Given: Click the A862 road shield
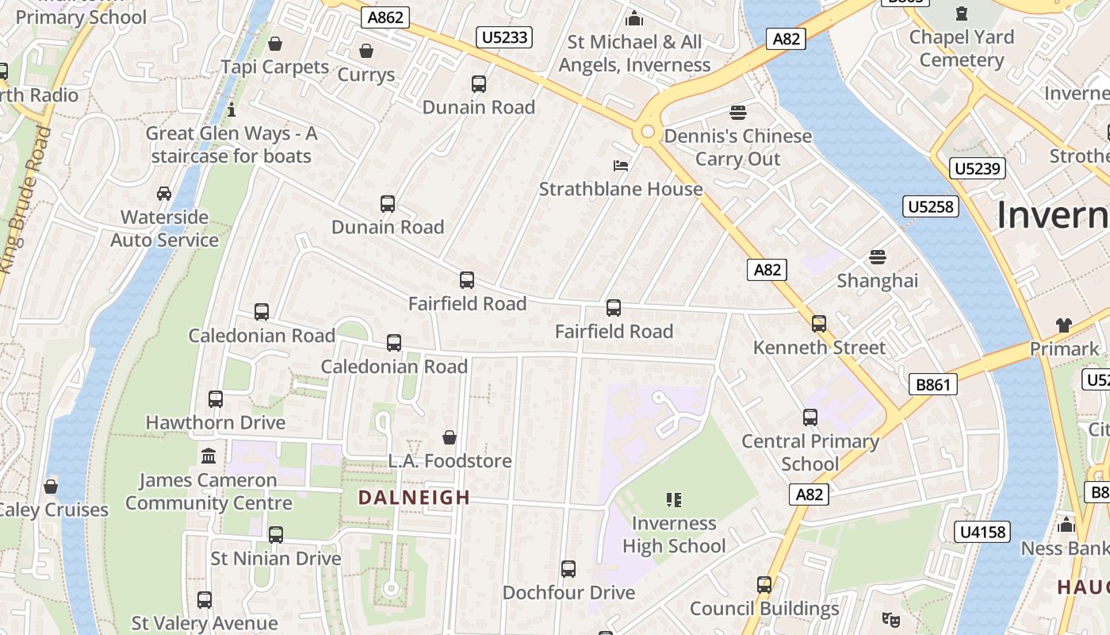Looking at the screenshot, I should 385,17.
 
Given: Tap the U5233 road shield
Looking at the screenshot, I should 504,37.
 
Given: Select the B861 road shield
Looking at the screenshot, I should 932,385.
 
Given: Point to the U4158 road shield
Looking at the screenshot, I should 983,531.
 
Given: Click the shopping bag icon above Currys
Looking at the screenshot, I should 366,52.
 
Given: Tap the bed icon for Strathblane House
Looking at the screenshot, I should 621,166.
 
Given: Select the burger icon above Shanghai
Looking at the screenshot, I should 877,257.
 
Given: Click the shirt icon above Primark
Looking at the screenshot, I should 1063,325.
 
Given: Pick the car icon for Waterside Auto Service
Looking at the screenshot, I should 164,194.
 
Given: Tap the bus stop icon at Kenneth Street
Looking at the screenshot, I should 818,324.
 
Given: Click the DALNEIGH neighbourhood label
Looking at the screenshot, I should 414,498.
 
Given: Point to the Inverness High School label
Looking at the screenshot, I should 673,534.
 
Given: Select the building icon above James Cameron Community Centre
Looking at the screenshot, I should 209,456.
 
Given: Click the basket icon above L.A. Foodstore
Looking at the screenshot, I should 449,437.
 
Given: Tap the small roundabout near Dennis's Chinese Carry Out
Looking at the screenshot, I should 647,132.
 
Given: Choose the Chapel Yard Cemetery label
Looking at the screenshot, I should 961,48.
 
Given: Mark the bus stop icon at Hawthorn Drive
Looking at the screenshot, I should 215,399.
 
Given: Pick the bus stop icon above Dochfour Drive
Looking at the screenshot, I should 568,569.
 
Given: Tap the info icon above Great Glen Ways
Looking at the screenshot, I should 232,110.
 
